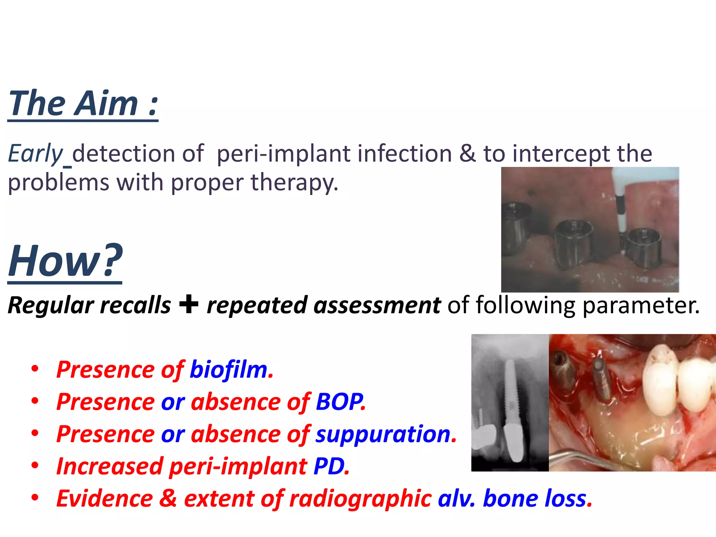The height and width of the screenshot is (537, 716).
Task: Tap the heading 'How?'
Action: (65, 261)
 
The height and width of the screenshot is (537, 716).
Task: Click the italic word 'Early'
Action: (35, 154)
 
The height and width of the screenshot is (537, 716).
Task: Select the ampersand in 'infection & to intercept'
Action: (467, 154)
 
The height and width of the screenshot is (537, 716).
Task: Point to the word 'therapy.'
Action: (294, 182)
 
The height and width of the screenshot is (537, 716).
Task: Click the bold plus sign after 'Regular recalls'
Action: (188, 304)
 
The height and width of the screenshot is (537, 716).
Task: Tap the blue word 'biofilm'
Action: (228, 370)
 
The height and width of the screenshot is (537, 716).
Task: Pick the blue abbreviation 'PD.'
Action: (331, 466)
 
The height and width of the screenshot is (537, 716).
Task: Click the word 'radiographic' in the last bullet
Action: (360, 499)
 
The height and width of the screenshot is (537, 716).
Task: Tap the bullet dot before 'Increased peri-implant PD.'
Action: (35, 466)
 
